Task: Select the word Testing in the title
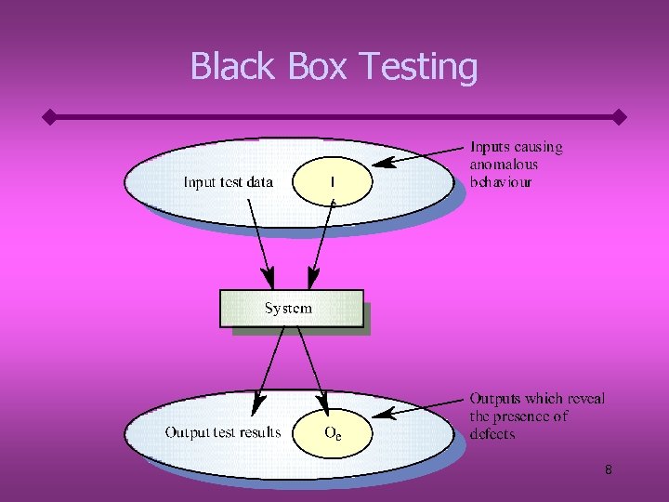tap(418, 67)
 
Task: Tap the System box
tap(291, 309)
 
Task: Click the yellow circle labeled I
tap(333, 181)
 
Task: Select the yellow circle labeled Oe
tap(332, 432)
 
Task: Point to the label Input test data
tap(229, 182)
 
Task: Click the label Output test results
tap(223, 432)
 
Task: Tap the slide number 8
tap(609, 470)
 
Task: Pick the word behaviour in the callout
tap(502, 182)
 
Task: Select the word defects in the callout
tap(492, 434)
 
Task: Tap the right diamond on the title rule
tap(620, 118)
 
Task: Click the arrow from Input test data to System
tap(260, 246)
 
